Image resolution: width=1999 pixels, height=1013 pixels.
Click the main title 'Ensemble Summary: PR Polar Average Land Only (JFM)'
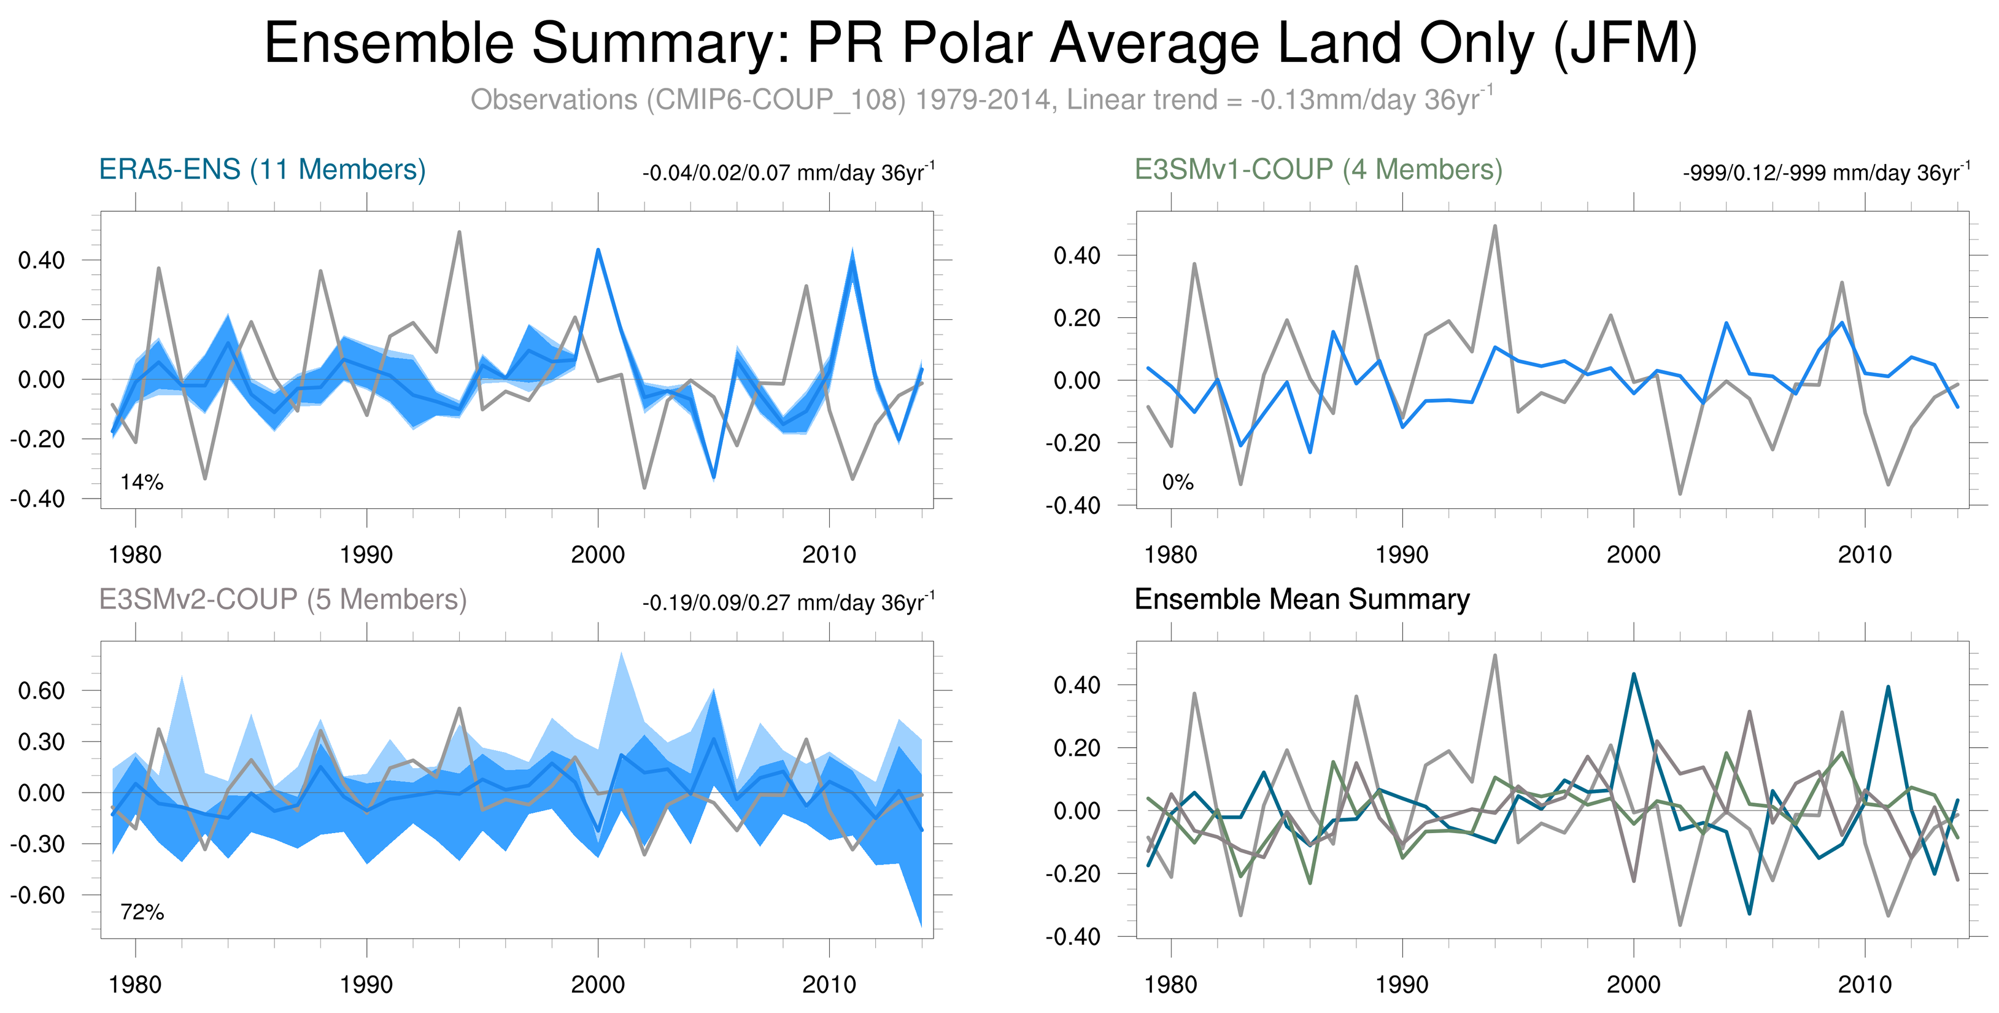click(981, 44)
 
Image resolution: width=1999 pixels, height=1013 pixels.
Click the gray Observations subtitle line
click(981, 100)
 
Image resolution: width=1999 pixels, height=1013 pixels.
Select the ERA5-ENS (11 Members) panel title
click(262, 169)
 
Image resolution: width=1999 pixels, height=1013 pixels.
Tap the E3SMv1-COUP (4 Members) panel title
click(1318, 169)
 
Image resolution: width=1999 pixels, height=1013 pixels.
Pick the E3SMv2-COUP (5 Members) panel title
click(282, 599)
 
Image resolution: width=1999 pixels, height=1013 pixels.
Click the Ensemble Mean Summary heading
click(1301, 599)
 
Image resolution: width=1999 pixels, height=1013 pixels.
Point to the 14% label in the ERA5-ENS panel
click(142, 482)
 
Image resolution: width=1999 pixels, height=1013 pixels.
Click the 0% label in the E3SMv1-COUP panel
click(1177, 482)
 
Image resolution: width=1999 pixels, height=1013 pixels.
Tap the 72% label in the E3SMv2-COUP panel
click(142, 912)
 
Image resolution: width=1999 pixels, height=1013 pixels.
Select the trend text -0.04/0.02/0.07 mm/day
click(787, 173)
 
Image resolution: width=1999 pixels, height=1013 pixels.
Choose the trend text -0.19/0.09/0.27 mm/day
click(787, 602)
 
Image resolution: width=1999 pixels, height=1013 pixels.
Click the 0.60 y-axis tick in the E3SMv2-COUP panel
click(42, 690)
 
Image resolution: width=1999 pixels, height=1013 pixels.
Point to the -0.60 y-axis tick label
click(37, 895)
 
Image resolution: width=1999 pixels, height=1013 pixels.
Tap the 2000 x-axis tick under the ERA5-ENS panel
click(598, 554)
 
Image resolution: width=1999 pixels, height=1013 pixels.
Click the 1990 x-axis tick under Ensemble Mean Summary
click(1401, 984)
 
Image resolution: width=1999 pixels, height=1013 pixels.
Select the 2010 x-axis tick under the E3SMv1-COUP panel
click(1864, 554)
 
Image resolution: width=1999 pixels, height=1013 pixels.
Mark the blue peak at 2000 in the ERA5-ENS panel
click(598, 250)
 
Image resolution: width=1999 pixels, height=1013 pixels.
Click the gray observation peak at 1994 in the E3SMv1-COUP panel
click(1494, 227)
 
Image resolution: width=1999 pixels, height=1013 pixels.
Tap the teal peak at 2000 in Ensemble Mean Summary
click(1633, 675)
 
